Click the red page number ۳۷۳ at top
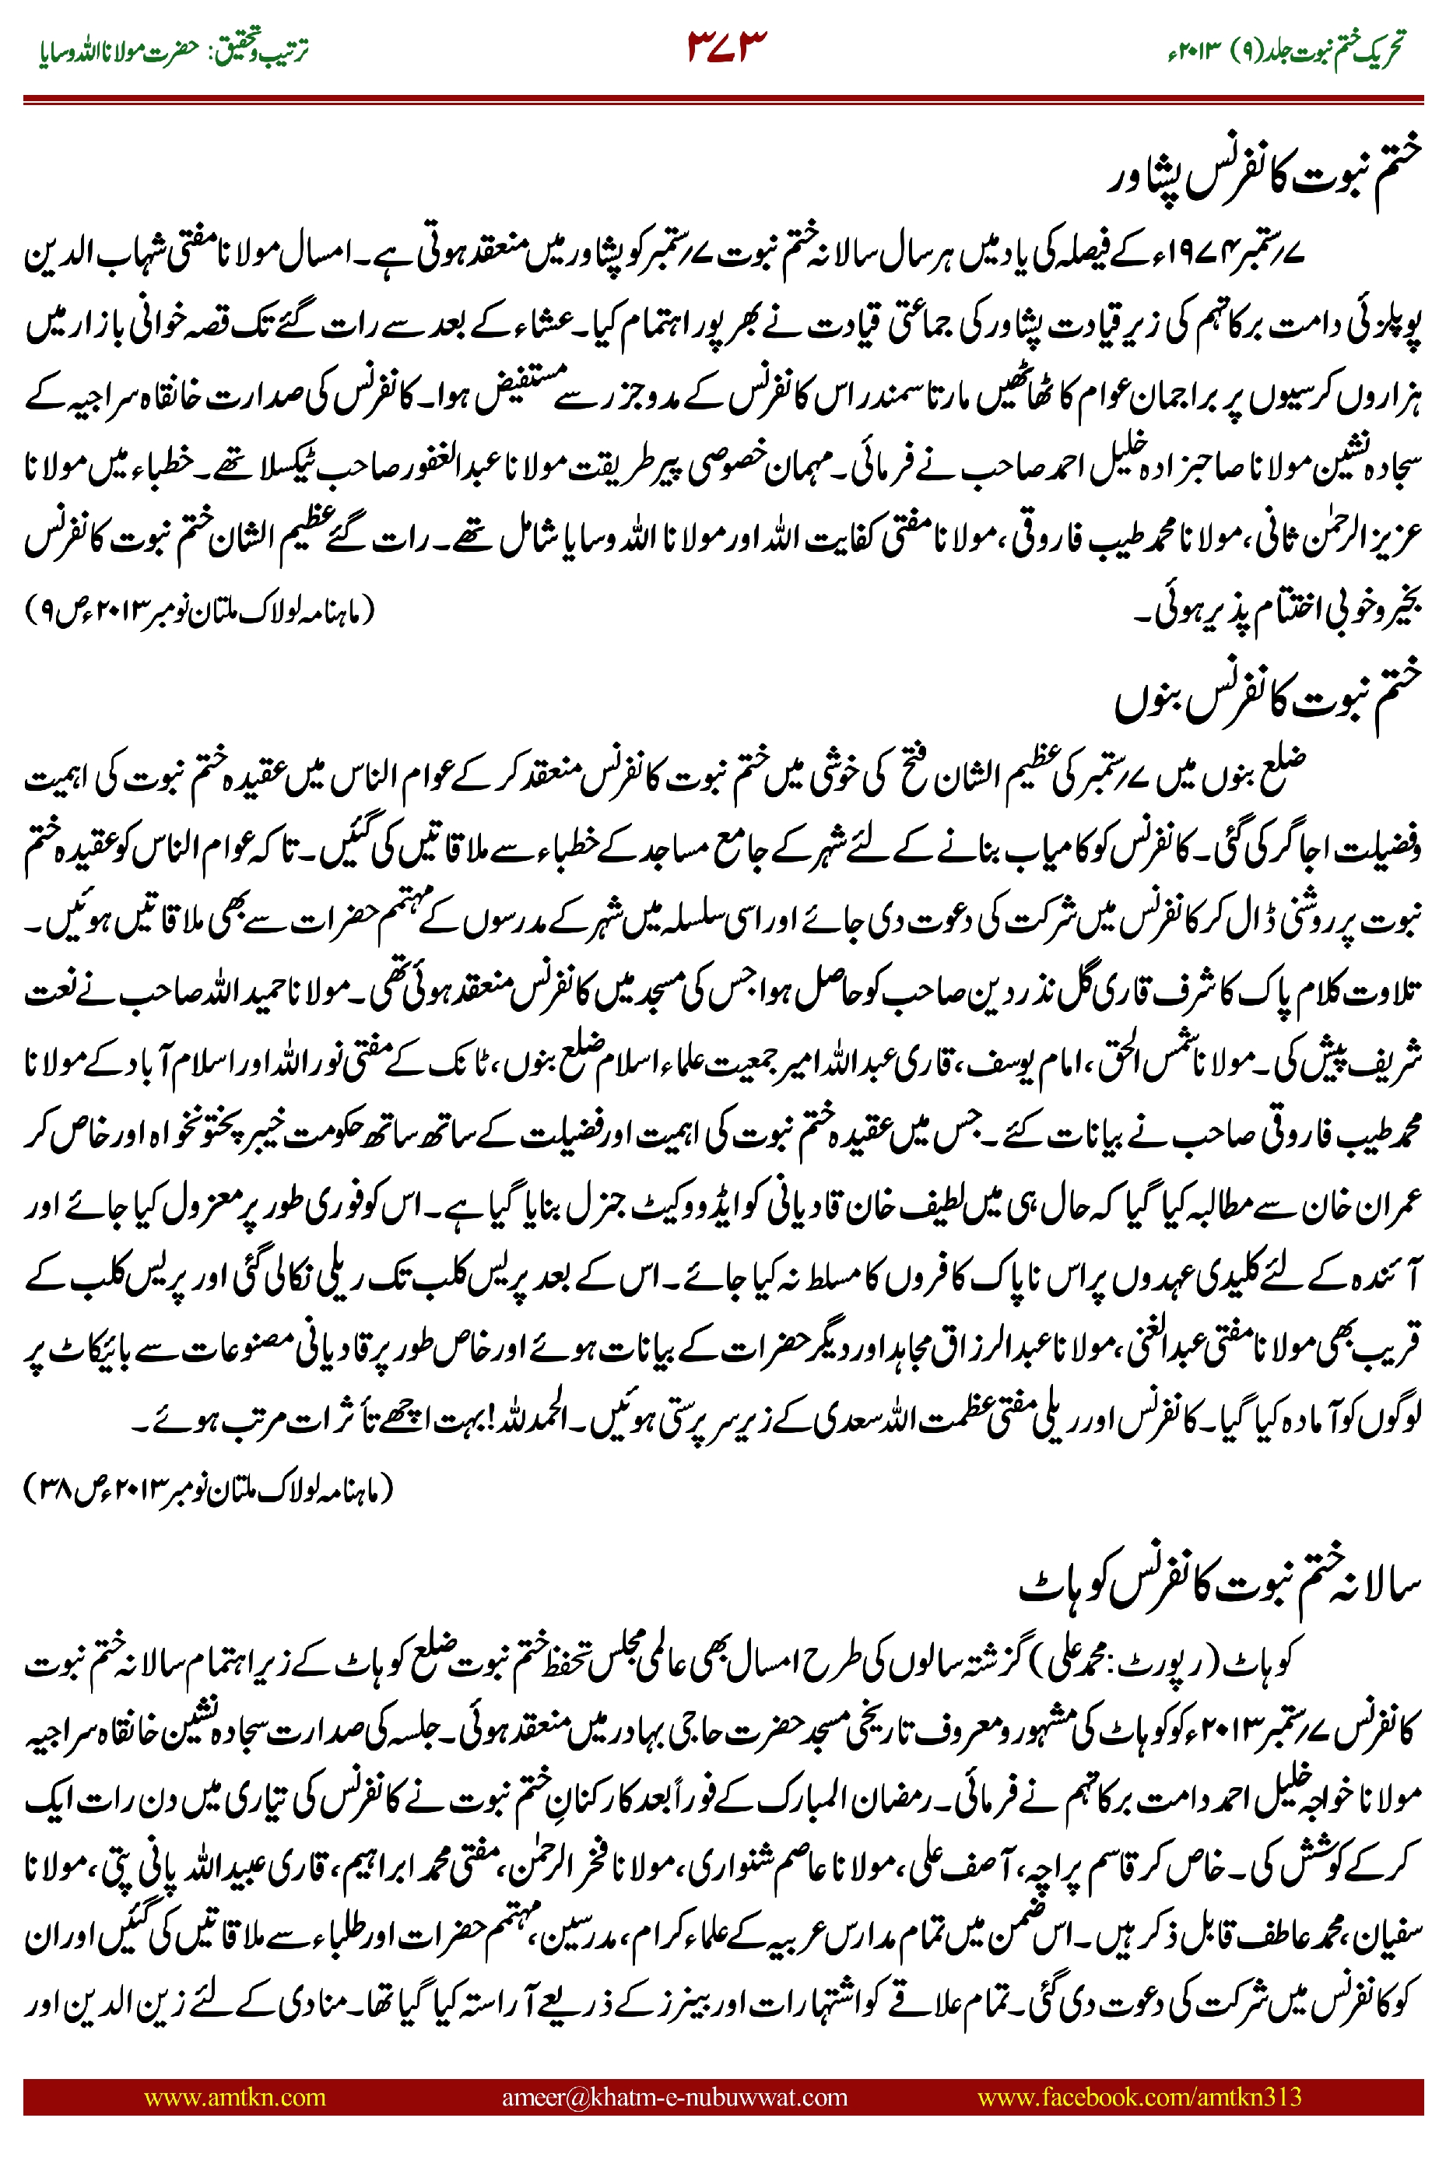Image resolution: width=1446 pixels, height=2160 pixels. pyautogui.click(x=727, y=46)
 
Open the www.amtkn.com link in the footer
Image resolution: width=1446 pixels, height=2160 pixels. pyautogui.click(x=234, y=2096)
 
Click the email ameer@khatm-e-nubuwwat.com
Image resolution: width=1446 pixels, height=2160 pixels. pyautogui.click(x=674, y=2096)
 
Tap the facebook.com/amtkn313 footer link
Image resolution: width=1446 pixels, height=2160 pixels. pyautogui.click(x=1139, y=2096)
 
